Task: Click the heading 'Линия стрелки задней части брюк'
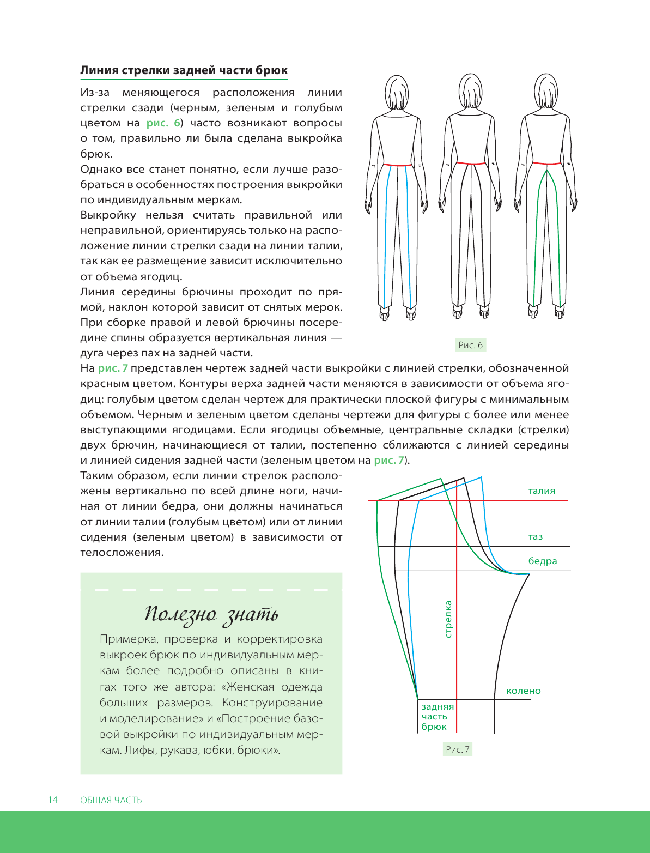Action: [x=184, y=70]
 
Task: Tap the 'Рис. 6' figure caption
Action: [x=470, y=345]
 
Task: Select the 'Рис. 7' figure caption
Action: [x=457, y=749]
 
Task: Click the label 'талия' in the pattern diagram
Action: [x=542, y=491]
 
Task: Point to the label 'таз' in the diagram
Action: [x=535, y=537]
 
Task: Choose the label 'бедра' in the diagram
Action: [x=543, y=561]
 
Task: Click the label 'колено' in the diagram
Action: [x=523, y=691]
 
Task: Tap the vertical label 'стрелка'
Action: [x=448, y=619]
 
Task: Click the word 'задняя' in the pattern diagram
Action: [x=437, y=706]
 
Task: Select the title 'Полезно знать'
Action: [x=211, y=615]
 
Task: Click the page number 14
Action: [x=52, y=800]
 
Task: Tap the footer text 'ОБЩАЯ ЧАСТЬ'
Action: [x=111, y=800]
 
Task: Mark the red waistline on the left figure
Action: [x=397, y=164]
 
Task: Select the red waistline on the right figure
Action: [x=545, y=162]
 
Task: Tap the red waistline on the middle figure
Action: [x=470, y=162]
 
